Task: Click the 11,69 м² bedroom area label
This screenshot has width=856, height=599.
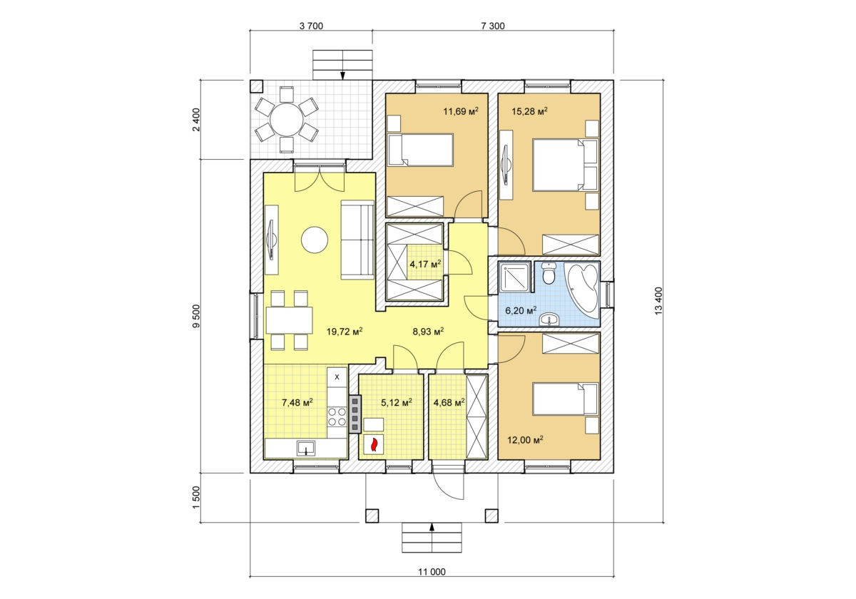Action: (461, 111)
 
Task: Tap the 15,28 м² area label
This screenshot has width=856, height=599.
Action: (529, 111)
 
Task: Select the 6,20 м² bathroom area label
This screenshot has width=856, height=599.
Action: (521, 310)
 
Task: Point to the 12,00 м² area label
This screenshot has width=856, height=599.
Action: (526, 440)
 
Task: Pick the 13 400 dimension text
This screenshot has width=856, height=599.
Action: (658, 301)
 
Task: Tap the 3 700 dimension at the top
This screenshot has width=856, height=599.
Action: (311, 26)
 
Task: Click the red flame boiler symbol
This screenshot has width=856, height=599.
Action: (374, 444)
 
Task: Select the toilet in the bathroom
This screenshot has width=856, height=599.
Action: (549, 275)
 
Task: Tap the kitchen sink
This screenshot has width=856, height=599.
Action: (306, 448)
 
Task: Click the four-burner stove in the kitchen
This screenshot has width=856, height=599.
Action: (337, 416)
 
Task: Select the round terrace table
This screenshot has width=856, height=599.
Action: (287, 120)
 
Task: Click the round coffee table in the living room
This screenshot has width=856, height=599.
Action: (315, 240)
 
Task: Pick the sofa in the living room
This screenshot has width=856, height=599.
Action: (357, 240)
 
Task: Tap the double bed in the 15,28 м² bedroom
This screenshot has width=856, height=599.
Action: (565, 165)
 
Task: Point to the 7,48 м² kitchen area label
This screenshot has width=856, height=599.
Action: (297, 402)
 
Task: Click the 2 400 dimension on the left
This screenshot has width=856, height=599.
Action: (196, 120)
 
